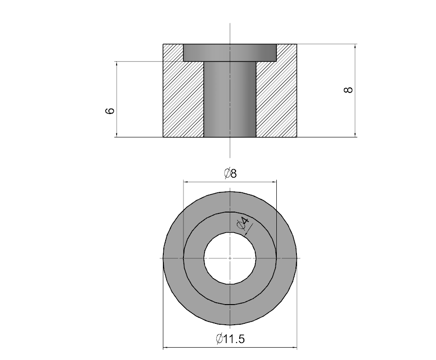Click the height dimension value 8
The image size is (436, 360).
tap(348, 90)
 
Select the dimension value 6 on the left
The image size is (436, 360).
tap(110, 110)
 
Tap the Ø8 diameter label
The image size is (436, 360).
tap(230, 174)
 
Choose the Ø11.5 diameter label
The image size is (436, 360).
tap(230, 339)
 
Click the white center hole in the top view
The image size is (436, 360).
tap(230, 258)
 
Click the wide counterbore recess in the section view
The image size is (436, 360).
tap(230, 53)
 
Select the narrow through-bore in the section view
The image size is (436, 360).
tap(230, 99)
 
